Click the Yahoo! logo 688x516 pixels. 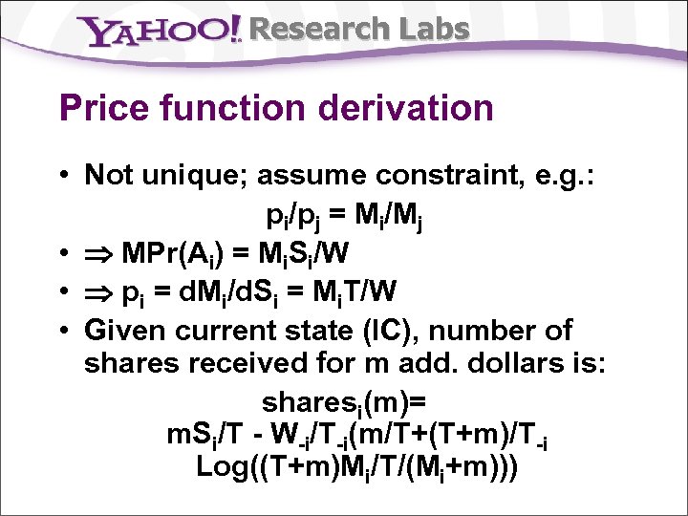162,32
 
